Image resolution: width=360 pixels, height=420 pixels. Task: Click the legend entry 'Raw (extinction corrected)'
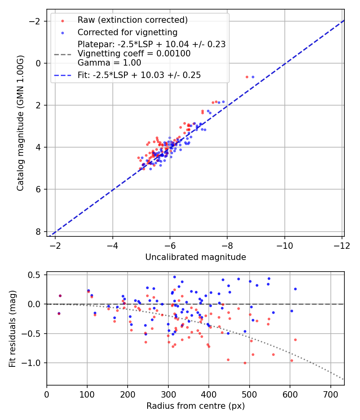tap(132, 20)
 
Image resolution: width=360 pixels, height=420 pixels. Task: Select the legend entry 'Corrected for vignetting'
tap(128, 32)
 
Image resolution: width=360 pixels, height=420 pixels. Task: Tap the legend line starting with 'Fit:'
tap(139, 75)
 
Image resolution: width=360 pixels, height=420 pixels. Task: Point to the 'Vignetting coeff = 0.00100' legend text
tap(134, 53)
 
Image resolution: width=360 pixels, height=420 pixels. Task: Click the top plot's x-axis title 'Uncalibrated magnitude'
tap(195, 257)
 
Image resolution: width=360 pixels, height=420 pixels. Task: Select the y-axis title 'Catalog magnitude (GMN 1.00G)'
tap(20, 123)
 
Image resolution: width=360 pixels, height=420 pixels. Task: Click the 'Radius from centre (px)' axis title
tap(195, 406)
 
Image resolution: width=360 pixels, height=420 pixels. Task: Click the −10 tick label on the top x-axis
tap(284, 245)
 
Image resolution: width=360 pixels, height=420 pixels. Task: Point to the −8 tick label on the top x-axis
tap(227, 245)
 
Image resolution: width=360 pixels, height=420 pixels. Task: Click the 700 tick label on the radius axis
tap(330, 394)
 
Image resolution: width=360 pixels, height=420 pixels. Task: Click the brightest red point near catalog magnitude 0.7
tap(247, 77)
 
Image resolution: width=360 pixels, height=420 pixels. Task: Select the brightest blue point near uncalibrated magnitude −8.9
tap(253, 77)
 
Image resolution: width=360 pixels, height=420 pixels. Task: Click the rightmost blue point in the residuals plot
tap(295, 289)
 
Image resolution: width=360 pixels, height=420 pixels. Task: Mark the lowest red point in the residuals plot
tap(245, 363)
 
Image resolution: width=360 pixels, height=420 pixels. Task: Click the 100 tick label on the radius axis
tap(87, 394)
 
